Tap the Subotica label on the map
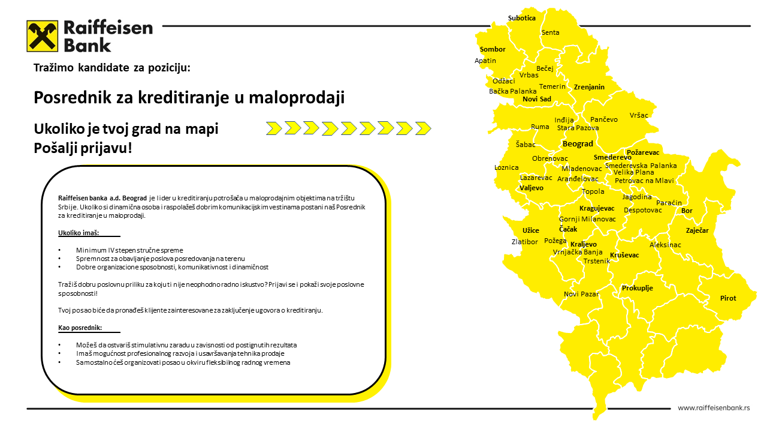click(x=521, y=18)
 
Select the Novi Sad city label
click(x=536, y=99)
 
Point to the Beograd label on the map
click(x=578, y=144)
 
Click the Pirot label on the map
click(x=728, y=298)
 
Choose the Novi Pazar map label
click(x=581, y=294)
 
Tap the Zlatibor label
click(x=524, y=242)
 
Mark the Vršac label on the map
click(x=639, y=115)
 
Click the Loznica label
click(x=506, y=167)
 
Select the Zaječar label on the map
click(x=697, y=230)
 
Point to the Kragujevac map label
click(x=597, y=208)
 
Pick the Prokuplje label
click(x=637, y=288)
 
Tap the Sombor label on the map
click(x=493, y=49)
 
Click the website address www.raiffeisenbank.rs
click(x=714, y=408)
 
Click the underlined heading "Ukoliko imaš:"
click(x=78, y=232)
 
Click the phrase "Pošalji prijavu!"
click(x=83, y=148)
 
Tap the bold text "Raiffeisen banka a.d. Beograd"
click(x=102, y=198)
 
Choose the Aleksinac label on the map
click(x=665, y=245)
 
